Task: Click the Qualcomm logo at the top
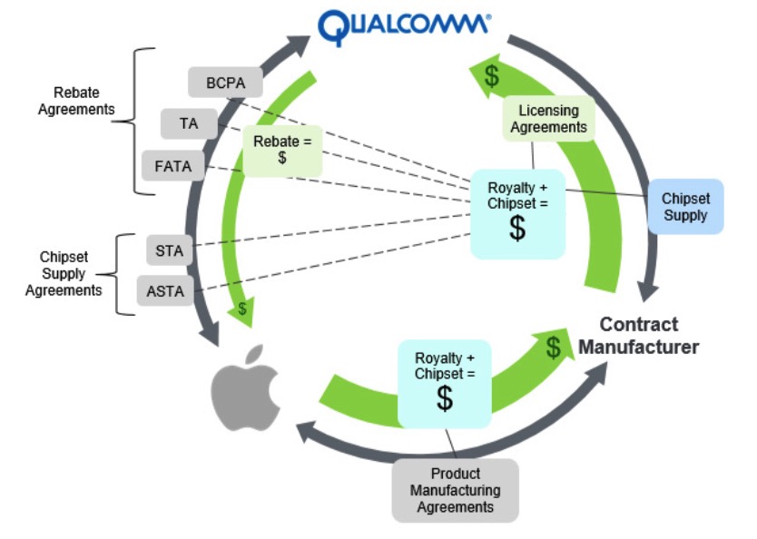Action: click(405, 27)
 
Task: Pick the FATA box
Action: click(172, 166)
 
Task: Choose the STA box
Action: click(169, 250)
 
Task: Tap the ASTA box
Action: click(165, 292)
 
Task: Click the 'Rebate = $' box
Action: click(281, 150)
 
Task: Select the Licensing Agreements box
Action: click(548, 119)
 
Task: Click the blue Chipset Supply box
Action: click(684, 207)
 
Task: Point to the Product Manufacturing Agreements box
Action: click(455, 490)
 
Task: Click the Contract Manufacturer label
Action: click(639, 336)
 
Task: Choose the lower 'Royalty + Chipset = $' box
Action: click(444, 383)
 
